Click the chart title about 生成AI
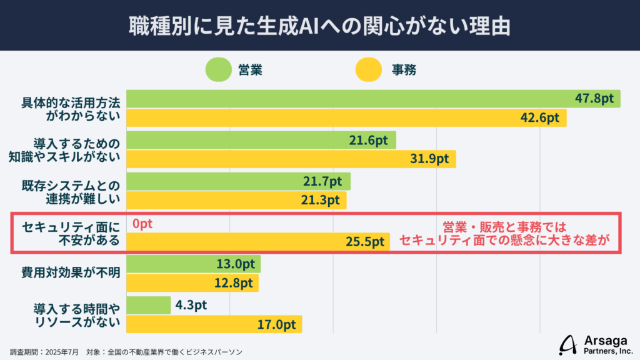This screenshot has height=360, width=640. (320, 26)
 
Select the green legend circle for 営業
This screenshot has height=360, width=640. (219, 70)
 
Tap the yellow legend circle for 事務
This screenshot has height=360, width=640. (369, 70)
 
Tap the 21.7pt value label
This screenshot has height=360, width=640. (323, 181)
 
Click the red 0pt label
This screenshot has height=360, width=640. (142, 223)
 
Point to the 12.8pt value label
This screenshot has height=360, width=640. (232, 283)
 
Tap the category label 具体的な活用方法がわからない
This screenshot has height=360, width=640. (70, 109)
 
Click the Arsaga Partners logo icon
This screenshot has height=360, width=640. (569, 344)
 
